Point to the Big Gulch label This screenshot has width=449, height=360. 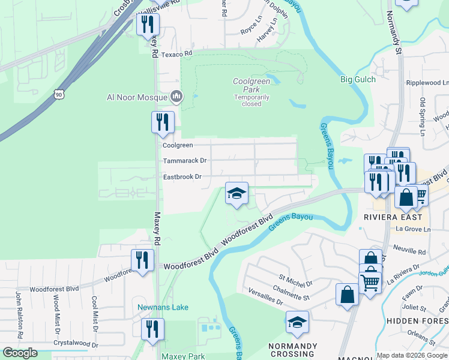point(358,79)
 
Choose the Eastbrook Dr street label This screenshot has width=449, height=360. point(182,177)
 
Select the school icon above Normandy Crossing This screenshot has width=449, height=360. point(297,322)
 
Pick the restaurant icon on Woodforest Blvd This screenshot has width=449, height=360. point(142,260)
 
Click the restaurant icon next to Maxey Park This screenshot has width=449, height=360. point(152,329)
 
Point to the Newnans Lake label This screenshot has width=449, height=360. point(163,307)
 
